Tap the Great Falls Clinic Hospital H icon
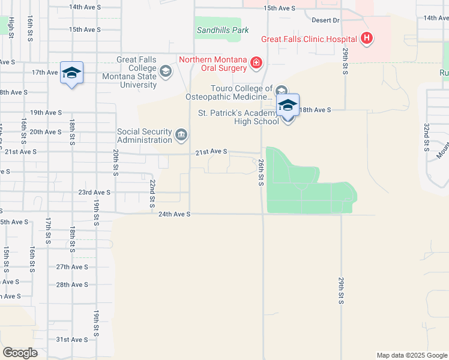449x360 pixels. click(367, 40)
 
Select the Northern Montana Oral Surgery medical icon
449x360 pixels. click(256, 62)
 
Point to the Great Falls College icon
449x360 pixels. click(166, 72)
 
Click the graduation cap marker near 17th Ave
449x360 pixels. click(72, 73)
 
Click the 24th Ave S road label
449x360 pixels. click(174, 214)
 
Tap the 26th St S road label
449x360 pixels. click(261, 172)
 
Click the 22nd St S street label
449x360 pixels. click(153, 191)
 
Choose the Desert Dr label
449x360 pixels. click(325, 20)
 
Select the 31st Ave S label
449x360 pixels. click(72, 340)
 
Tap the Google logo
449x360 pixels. click(20, 353)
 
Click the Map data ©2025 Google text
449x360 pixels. click(412, 355)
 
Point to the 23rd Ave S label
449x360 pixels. click(95, 193)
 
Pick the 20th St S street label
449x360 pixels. click(115, 163)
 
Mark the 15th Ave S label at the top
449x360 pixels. click(280, 8)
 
